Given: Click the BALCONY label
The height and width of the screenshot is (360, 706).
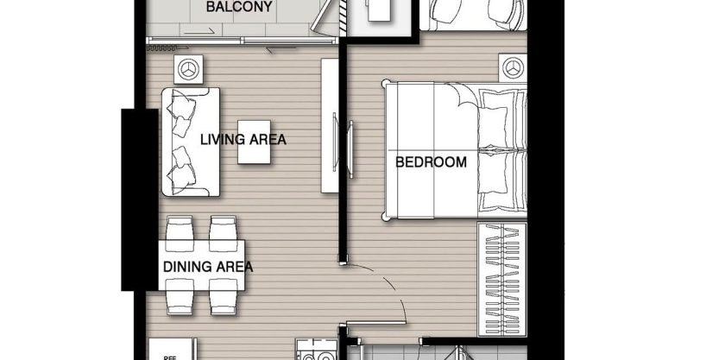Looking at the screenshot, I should (239, 9).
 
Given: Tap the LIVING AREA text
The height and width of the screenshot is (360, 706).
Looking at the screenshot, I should (243, 139).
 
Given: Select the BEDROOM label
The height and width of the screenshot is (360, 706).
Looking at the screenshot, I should (431, 161).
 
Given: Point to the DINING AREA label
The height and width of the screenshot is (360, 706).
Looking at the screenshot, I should (208, 267).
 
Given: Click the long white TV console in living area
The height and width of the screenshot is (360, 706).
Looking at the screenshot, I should (329, 126).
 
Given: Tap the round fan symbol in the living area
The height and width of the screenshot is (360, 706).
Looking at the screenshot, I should (189, 68).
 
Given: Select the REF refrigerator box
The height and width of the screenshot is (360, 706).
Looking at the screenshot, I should (165, 352).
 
